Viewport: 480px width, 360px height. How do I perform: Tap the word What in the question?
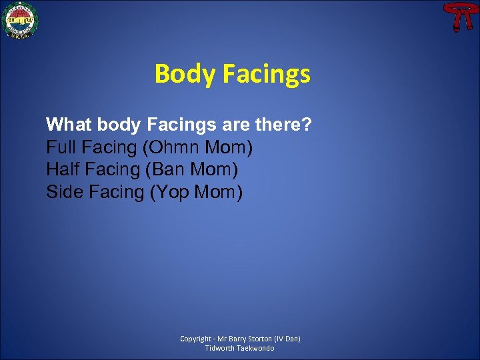[x=69, y=125]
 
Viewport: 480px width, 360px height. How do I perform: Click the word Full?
[x=60, y=147]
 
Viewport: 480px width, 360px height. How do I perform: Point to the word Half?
[x=61, y=170]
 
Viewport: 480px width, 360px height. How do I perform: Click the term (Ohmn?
[x=172, y=147]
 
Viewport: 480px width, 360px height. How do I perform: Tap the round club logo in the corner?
[x=20, y=19]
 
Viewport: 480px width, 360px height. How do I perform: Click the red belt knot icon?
[x=458, y=17]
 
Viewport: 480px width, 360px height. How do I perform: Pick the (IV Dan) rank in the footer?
[x=287, y=339]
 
